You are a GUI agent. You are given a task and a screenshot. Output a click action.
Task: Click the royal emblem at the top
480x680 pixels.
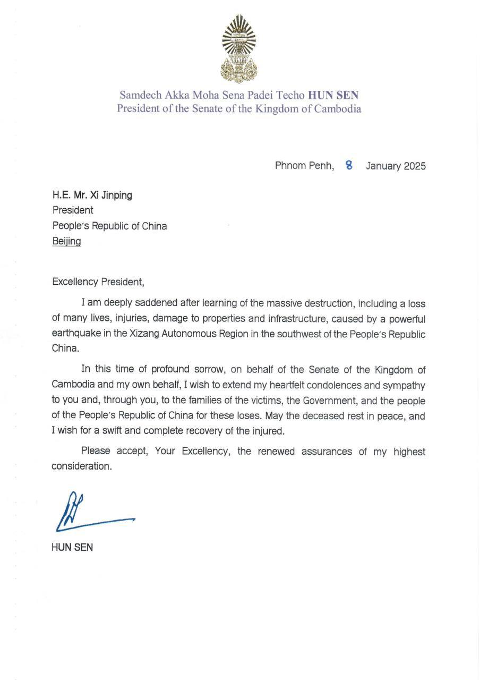[x=238, y=49]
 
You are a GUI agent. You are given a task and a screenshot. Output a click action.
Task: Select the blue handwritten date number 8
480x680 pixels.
[x=349, y=165]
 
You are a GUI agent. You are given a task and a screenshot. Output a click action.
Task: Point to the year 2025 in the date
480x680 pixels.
[x=415, y=166]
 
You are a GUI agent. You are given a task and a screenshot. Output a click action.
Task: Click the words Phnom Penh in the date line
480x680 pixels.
[x=304, y=166]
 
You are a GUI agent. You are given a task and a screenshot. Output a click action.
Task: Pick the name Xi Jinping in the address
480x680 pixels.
[x=113, y=195]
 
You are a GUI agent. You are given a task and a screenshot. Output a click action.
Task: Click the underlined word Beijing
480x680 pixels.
[x=66, y=241]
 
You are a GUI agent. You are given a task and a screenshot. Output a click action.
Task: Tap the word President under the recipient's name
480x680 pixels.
[x=73, y=210]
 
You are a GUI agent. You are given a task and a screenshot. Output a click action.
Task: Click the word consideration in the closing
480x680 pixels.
[x=82, y=467]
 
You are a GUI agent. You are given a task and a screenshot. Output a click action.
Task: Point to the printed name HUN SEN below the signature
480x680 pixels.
[x=72, y=547]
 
